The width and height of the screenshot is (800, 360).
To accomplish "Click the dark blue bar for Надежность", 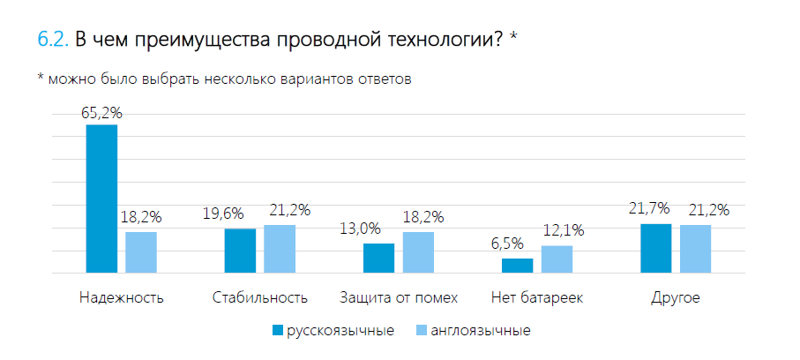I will [x=101, y=199].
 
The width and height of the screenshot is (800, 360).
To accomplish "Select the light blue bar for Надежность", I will [x=141, y=252].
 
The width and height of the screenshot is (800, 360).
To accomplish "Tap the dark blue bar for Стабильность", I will [x=240, y=251].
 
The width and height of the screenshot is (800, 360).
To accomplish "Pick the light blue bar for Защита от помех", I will [x=418, y=252].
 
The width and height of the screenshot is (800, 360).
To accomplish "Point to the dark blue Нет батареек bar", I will [x=518, y=266].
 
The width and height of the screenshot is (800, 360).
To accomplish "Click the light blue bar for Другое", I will [x=695, y=249].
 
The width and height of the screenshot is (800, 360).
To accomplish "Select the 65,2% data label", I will [x=101, y=113].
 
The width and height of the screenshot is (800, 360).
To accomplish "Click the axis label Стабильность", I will [x=260, y=297].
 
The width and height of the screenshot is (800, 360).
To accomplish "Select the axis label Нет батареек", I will [x=537, y=297].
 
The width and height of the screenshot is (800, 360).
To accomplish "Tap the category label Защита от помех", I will [x=399, y=297].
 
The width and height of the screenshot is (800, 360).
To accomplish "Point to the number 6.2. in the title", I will [x=53, y=40].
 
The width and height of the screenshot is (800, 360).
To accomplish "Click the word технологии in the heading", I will [x=427, y=41].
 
